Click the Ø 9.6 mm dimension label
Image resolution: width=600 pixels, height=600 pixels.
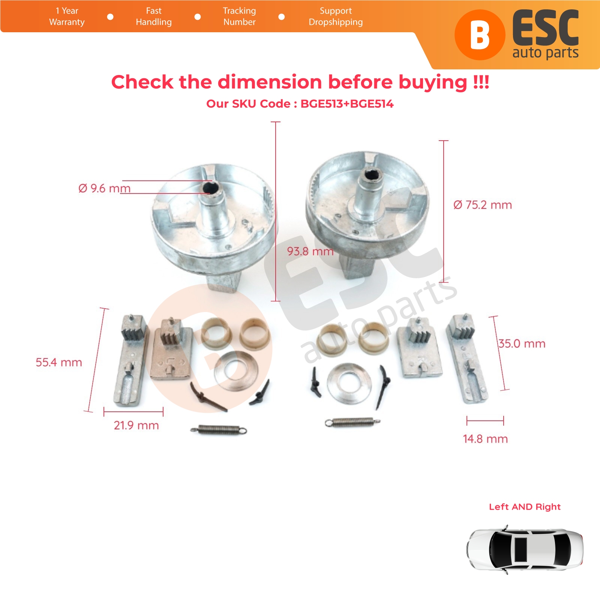[x=104, y=188]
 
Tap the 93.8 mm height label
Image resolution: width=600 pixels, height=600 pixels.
[x=310, y=251]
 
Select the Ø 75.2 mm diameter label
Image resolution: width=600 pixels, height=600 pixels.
[x=483, y=205]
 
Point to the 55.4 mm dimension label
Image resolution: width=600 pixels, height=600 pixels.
[x=59, y=362]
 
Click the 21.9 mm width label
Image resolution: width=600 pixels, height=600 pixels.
[x=136, y=425]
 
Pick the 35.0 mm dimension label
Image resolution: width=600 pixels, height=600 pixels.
[x=522, y=343]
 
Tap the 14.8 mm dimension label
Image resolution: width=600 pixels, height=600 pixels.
[x=485, y=439]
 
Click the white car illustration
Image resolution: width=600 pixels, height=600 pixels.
[x=525, y=549]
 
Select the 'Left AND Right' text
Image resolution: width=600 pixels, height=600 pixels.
[x=525, y=507]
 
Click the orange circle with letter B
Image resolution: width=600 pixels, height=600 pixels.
[x=480, y=35]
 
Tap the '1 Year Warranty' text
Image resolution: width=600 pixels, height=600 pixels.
[x=67, y=16]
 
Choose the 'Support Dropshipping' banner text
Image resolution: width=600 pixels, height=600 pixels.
[x=336, y=16]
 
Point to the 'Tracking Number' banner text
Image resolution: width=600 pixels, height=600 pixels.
[x=239, y=16]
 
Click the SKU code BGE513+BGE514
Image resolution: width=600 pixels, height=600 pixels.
[x=347, y=104]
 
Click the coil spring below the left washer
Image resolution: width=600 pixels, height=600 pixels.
[x=219, y=430]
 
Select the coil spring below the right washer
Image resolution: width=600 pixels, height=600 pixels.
[x=352, y=422]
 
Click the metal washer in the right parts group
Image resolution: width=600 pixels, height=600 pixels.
[x=349, y=382]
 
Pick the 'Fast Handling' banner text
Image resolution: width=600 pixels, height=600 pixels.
[x=154, y=16]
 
